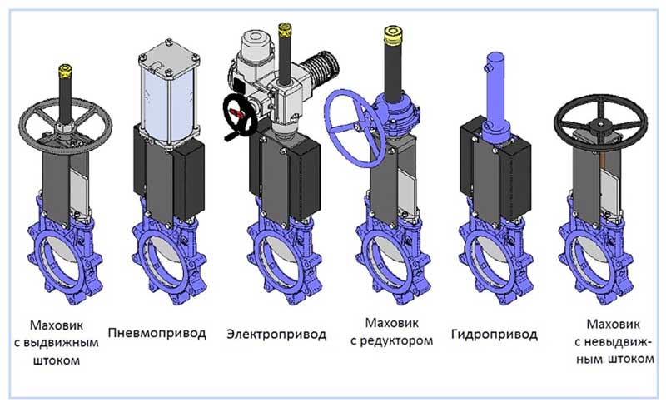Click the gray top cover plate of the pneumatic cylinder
[x=169, y=52]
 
